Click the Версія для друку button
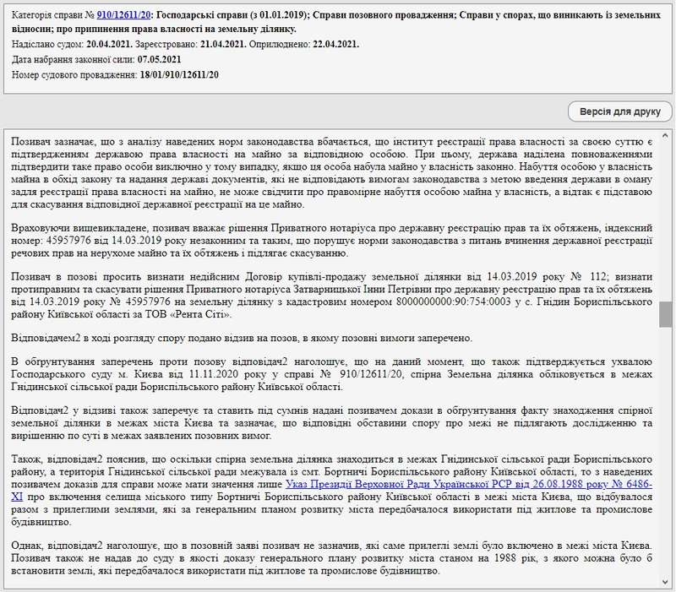pyautogui.click(x=619, y=111)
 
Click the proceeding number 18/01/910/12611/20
pyautogui.click(x=180, y=75)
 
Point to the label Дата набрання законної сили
pyautogui.click(x=68, y=59)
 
